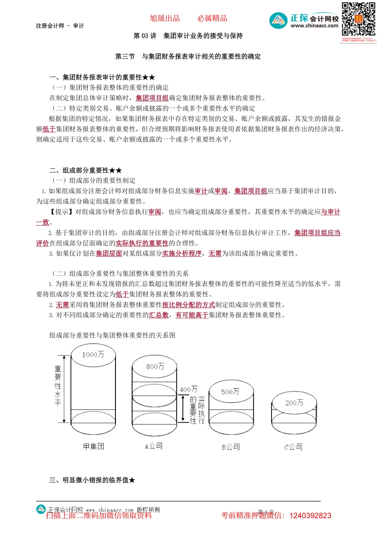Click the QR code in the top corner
358,19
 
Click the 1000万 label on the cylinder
93,354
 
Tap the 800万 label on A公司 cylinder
155,366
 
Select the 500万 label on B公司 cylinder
230,392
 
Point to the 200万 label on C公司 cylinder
294,403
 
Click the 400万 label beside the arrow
188,389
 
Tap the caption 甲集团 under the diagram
94,446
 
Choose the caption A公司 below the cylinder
154,446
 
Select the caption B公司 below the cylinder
231,447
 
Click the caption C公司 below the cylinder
294,447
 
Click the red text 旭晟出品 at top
165,18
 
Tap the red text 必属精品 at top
212,18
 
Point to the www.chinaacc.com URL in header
314,26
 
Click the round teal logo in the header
278,21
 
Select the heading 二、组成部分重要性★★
85,170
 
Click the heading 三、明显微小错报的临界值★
92,480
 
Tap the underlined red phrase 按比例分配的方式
188,305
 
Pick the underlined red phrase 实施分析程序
182,253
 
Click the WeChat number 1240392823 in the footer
310,516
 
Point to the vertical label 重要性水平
58,385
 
